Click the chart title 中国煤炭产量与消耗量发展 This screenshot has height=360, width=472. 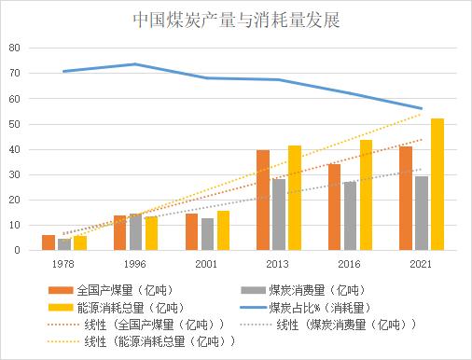point(236,18)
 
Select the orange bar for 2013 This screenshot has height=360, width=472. point(263,200)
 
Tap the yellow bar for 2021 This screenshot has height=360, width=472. point(437,184)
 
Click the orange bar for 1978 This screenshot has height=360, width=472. point(49,242)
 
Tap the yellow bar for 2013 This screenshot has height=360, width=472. point(295,198)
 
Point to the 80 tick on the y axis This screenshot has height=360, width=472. point(14,48)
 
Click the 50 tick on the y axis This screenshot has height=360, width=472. point(14,124)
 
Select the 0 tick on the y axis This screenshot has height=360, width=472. point(17,250)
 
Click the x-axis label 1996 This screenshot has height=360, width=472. point(135,264)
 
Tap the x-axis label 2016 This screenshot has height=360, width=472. point(351,264)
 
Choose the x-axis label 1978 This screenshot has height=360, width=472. point(63,264)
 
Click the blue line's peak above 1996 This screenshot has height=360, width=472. point(135,64)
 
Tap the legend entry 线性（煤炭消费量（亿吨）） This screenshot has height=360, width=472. point(345,323)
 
